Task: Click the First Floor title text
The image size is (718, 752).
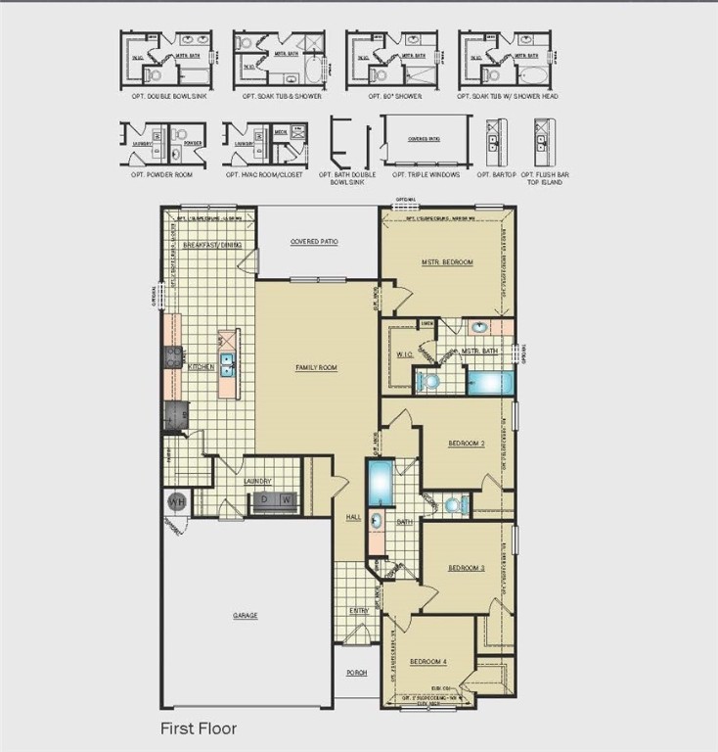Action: coord(199,728)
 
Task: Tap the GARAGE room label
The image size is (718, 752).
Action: coord(245,616)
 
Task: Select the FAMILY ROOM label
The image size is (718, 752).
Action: coord(316,367)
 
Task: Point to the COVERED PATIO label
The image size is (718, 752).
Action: coord(314,241)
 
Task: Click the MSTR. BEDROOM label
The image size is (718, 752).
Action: coord(449,262)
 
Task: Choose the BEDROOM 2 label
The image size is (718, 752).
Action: coord(467,444)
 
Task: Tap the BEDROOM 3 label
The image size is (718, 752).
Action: coord(467,568)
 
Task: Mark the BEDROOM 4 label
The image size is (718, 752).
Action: coord(427,661)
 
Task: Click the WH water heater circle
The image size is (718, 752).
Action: coord(176,502)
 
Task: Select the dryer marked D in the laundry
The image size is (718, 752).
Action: coord(261,499)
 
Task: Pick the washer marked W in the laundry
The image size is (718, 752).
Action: coord(286,499)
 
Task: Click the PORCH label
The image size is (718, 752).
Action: coord(355,673)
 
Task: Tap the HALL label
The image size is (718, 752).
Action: coord(353,517)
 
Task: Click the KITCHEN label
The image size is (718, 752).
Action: coord(202,367)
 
